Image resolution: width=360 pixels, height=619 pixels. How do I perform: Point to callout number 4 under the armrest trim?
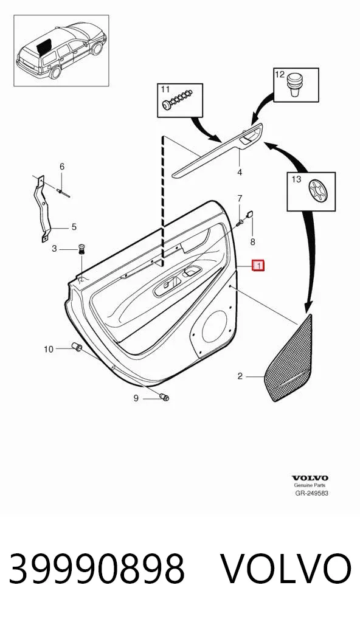tap(240, 172)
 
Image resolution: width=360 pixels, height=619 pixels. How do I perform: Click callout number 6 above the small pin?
tap(61, 167)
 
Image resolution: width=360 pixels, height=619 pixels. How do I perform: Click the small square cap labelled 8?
tap(251, 215)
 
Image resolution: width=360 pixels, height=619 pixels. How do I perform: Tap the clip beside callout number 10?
tap(76, 347)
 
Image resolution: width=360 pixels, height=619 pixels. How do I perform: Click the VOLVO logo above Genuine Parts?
tap(310, 479)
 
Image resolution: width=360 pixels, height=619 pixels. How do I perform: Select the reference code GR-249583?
tap(312, 493)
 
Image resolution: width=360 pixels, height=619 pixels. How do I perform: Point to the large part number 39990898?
tap(97, 569)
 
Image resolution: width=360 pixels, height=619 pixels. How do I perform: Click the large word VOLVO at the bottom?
tap(285, 569)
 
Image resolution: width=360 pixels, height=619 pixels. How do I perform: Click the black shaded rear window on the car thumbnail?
tap(44, 46)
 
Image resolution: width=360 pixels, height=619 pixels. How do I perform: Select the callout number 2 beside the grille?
tap(240, 376)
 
